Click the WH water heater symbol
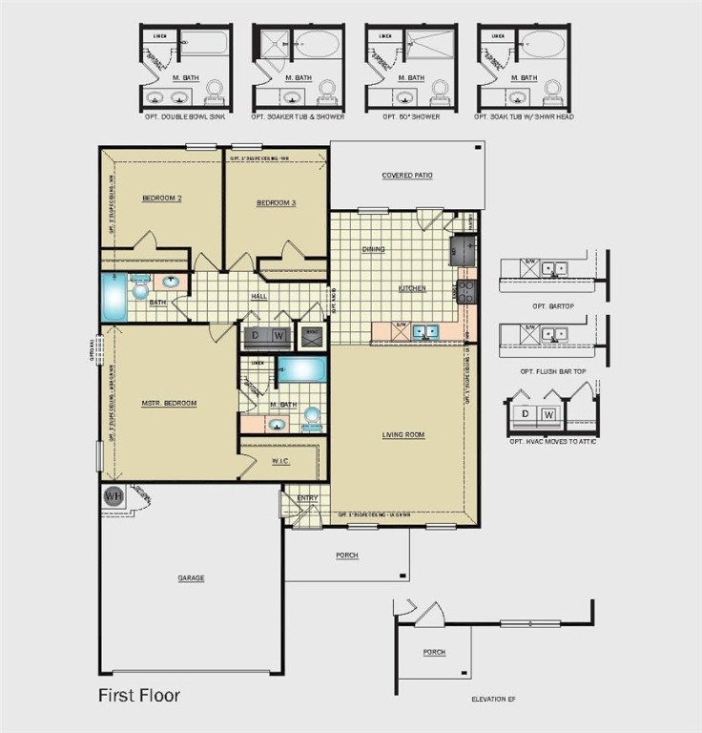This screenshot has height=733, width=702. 113,496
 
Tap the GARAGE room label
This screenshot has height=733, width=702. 191,577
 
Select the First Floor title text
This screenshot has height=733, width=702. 139,695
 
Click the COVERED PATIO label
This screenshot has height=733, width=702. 407,176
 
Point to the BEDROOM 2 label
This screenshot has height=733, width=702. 161,199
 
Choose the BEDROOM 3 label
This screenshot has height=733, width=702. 276,203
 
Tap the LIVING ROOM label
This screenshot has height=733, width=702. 403,434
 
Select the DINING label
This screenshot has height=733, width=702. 373,249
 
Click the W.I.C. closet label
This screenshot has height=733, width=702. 279,461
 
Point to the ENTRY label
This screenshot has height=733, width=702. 307,497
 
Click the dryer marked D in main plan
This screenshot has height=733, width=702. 257,336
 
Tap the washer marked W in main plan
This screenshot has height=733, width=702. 279,336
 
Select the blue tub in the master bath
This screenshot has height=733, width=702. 302,370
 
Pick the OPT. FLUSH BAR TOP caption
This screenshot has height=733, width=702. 550,371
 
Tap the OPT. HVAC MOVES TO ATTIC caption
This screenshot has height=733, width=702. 552,442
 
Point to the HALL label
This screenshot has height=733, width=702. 258,296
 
